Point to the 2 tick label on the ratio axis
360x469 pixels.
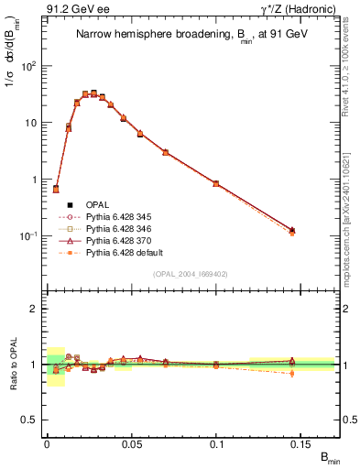coord(35,309)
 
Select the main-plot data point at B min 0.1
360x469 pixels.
coord(216,183)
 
